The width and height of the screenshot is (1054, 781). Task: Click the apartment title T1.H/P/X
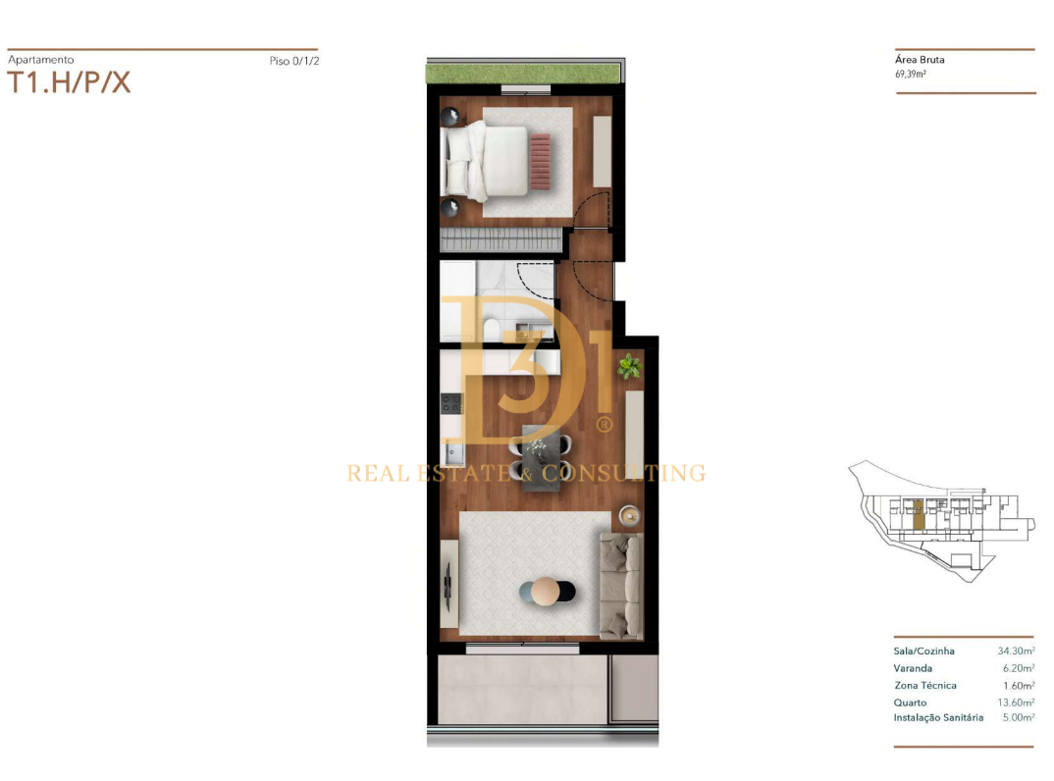[69, 82]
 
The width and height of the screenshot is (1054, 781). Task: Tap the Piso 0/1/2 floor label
[294, 61]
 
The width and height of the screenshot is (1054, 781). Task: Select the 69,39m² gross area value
[911, 74]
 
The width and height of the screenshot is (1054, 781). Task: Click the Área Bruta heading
[920, 59]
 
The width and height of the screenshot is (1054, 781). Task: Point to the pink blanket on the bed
[540, 161]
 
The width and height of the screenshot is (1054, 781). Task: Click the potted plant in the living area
[630, 366]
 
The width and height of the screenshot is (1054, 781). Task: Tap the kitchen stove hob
[451, 403]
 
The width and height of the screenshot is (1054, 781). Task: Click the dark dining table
[541, 457]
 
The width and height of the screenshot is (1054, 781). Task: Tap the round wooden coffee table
[546, 592]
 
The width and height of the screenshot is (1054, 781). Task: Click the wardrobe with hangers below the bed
[501, 239]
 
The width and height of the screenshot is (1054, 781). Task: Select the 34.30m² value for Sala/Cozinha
[1017, 651]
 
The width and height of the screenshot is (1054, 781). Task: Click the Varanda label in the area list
[913, 668]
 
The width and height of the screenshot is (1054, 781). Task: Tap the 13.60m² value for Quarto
[1017, 703]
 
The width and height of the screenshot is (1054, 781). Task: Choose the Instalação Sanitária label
[938, 718]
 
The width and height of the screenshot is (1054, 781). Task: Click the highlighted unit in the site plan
[919, 514]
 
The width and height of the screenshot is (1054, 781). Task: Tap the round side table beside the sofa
[629, 515]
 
